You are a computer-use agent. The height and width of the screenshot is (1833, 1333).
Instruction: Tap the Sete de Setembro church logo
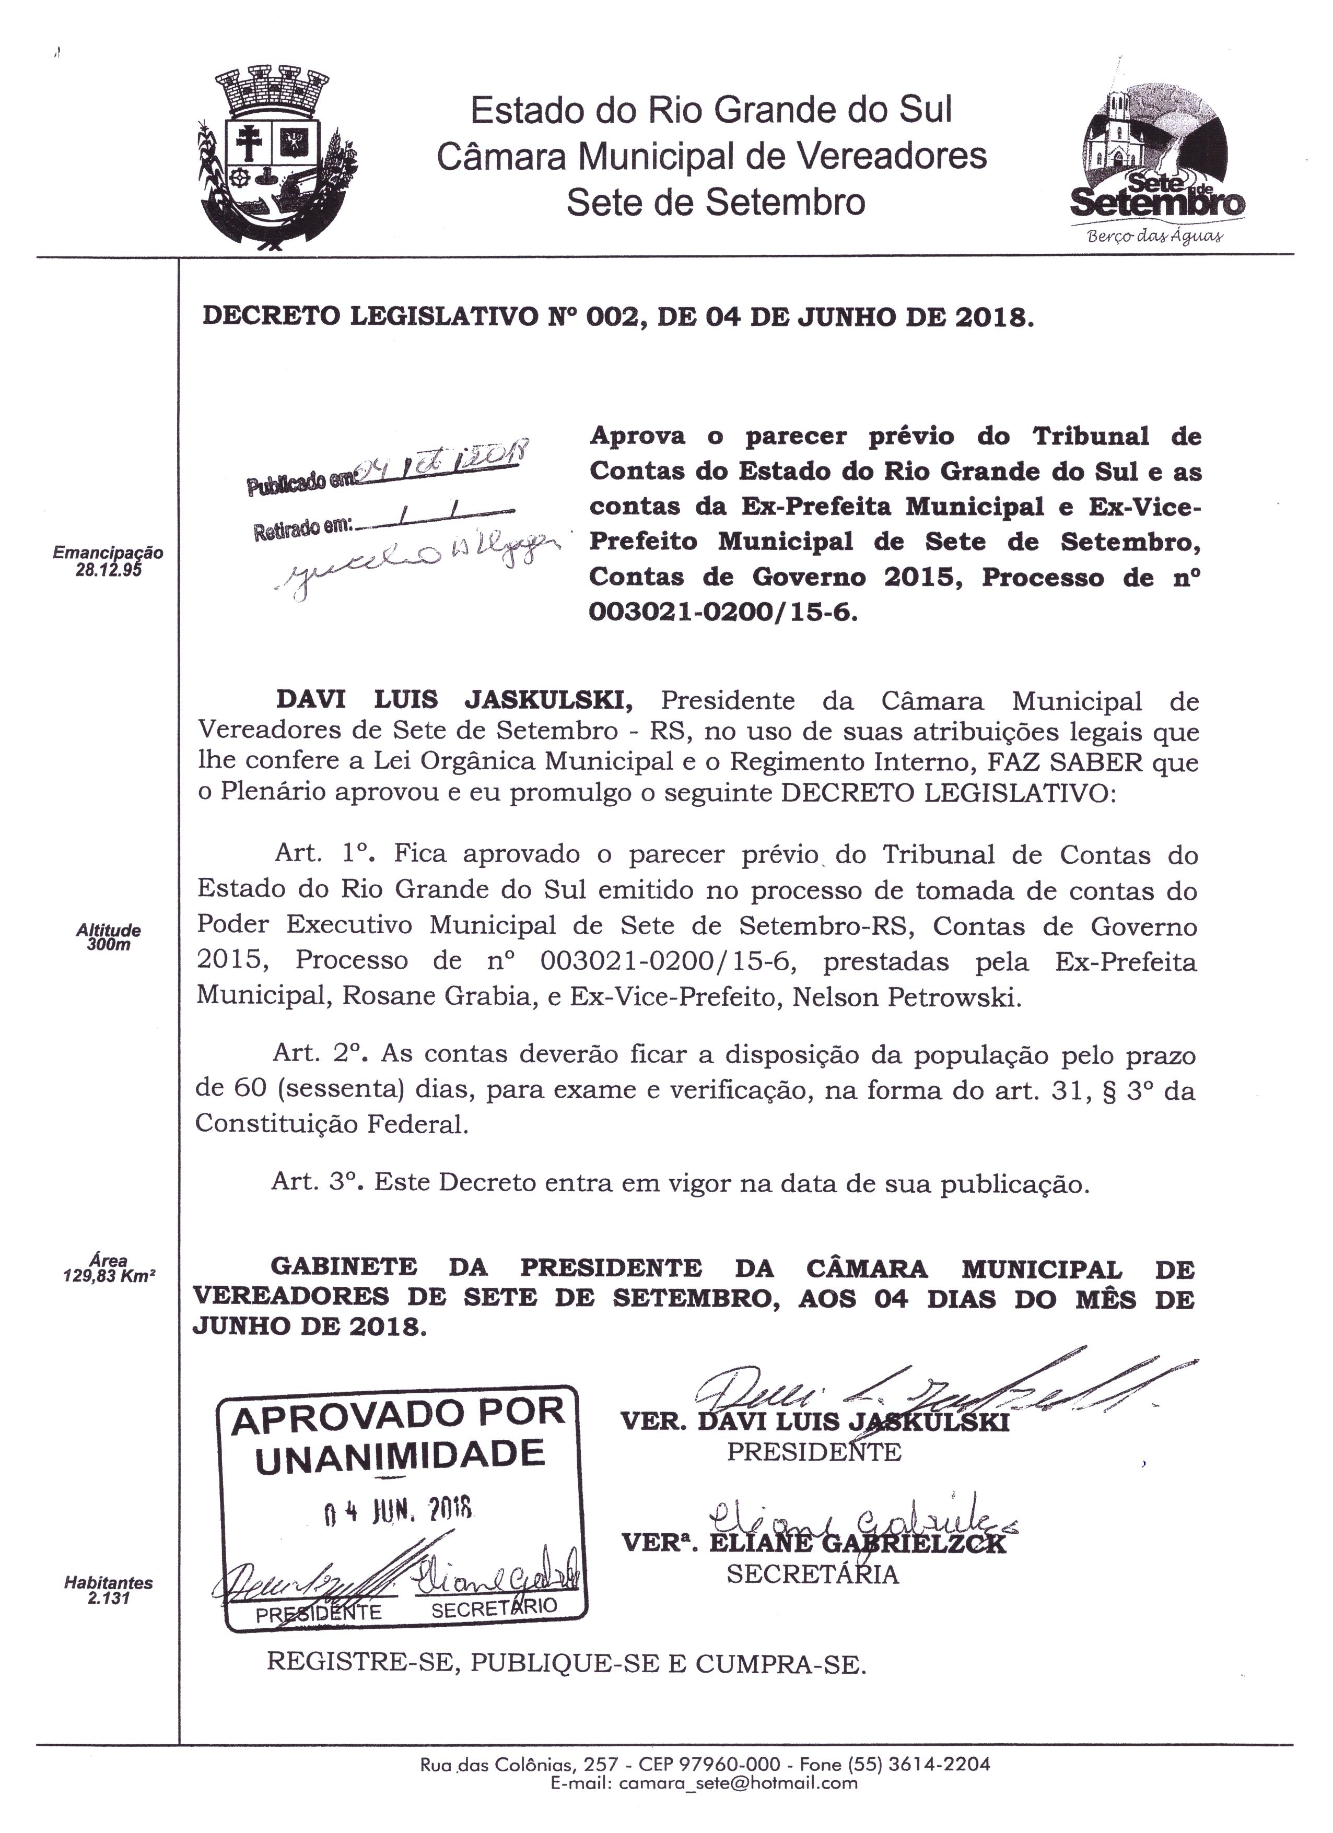click(1157, 155)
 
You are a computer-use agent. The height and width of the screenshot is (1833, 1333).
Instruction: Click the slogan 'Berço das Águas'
click(1156, 237)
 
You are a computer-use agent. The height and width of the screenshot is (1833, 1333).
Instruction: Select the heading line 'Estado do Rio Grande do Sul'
click(711, 110)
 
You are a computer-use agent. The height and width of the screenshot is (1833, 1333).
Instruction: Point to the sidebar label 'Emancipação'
click(108, 553)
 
